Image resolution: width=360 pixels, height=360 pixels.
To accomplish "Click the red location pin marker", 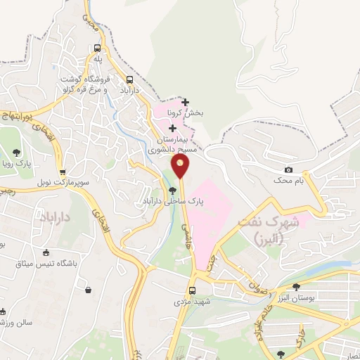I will coord(181,166).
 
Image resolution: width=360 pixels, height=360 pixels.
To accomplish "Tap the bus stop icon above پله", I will coord(98,48).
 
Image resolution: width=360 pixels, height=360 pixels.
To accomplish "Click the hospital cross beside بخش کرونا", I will coord(185,102).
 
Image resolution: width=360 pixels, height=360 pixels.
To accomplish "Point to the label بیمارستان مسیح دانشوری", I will coord(171,144).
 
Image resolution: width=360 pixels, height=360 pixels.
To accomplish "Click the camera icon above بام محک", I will coord(288,170).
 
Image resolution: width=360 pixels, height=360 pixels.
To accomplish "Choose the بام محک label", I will coord(289,181).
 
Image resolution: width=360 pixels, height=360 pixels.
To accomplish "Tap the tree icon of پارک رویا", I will coord(17,153).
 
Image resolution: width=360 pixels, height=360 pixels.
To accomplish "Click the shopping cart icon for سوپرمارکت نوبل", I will coord(63,171).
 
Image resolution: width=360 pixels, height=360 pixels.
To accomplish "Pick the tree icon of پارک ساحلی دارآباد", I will coord(173,190).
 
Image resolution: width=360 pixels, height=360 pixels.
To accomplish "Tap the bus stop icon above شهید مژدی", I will coord(192,290).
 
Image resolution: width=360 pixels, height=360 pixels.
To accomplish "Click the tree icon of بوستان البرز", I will coord(296,286).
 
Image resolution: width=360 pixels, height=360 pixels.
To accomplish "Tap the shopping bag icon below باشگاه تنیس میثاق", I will coord(88,289).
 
